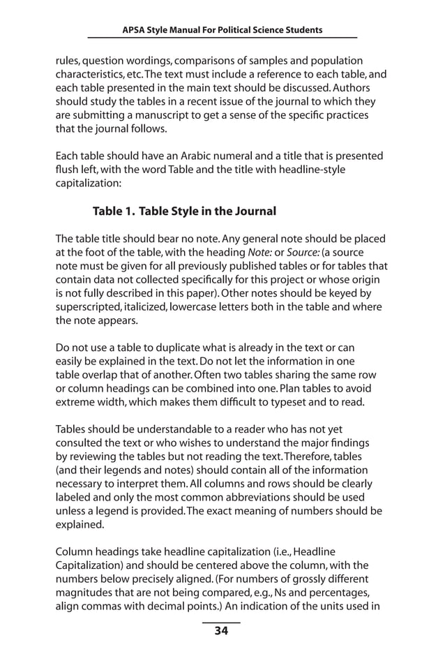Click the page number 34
point(221,632)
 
